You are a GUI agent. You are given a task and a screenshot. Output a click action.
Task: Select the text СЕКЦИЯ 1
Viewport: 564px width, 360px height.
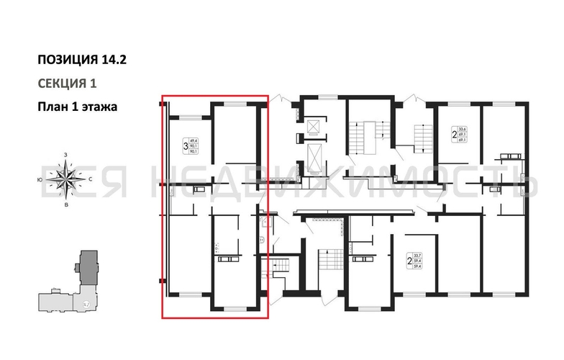[67, 83]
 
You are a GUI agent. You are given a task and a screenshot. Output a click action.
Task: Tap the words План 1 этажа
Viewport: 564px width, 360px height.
[77, 106]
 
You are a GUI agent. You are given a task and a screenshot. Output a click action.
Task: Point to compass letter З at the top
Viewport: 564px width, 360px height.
[66, 155]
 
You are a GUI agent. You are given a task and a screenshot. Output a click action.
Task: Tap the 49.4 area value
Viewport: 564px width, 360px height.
[193, 142]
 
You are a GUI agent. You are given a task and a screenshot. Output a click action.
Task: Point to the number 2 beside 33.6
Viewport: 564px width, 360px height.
[453, 134]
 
